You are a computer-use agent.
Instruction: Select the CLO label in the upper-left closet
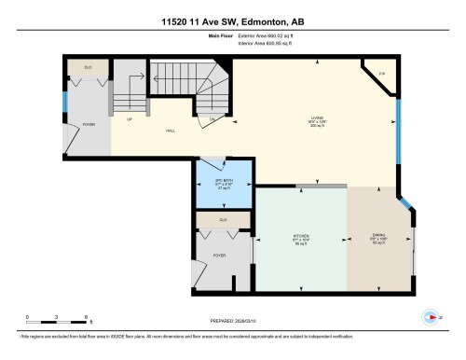click(x=89, y=68)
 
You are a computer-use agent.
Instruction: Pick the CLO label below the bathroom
click(x=223, y=219)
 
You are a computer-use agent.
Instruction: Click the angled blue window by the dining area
click(x=408, y=206)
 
